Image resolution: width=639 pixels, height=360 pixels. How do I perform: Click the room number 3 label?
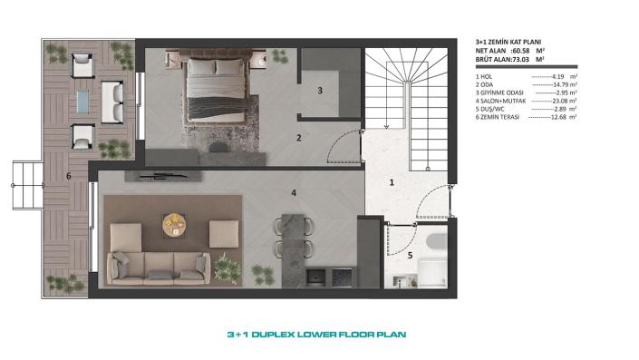point(319,91)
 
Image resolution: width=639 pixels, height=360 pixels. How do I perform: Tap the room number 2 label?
point(298,139)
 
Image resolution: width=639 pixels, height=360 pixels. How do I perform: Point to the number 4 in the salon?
point(293,192)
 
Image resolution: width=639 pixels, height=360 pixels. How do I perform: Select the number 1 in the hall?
point(391,182)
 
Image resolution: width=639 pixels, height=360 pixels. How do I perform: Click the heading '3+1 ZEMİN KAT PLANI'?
point(508,42)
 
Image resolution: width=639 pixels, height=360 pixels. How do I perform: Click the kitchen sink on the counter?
point(316,274)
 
